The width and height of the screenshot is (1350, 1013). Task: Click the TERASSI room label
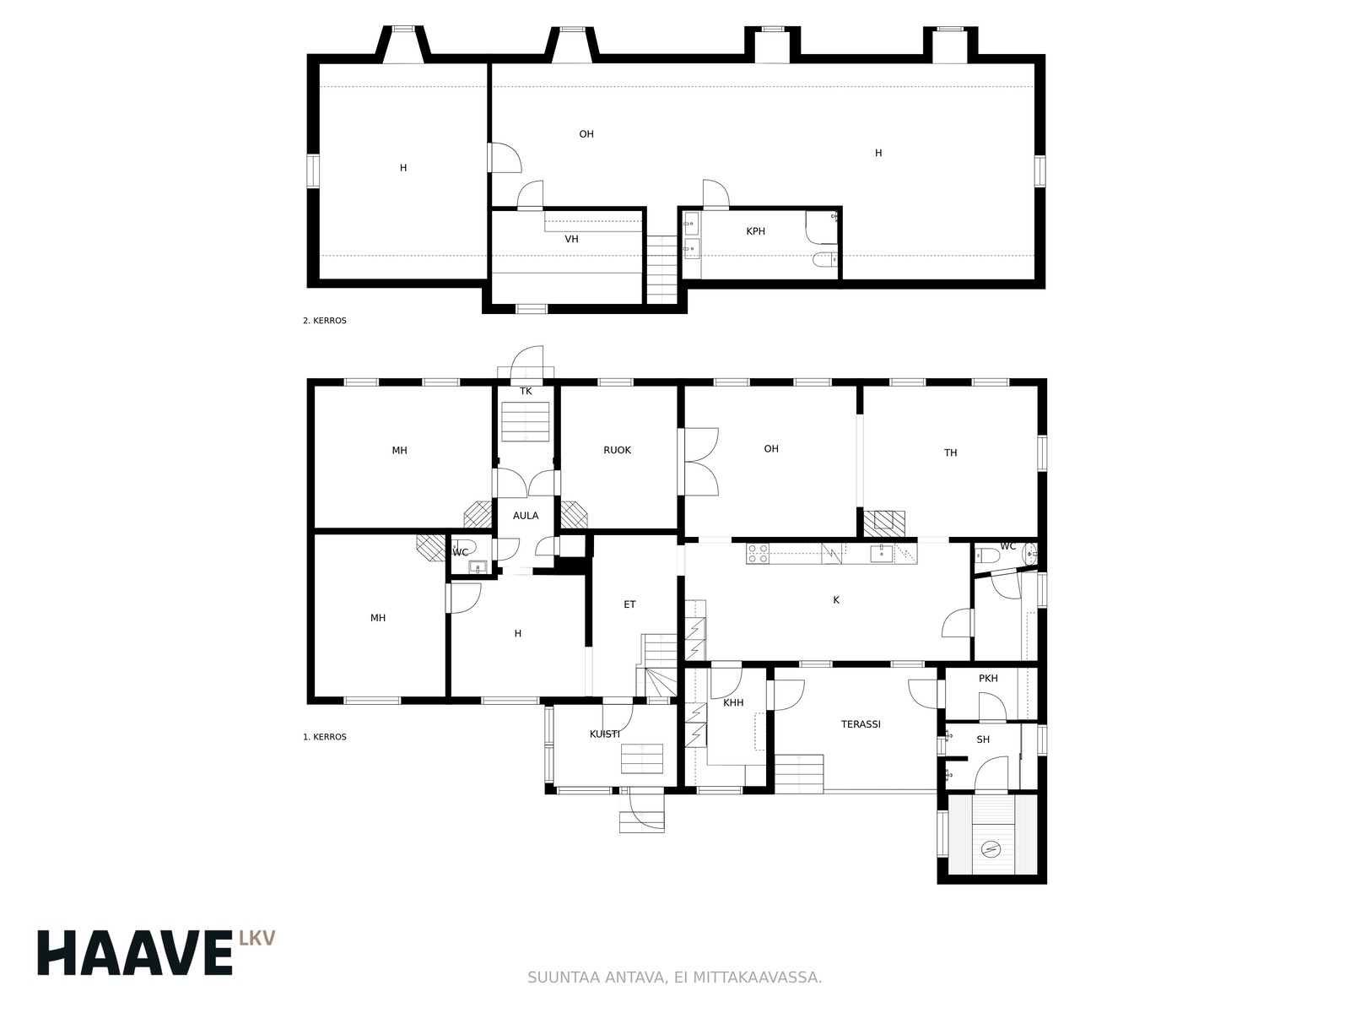861,724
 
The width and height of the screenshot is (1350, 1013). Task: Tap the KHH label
733,703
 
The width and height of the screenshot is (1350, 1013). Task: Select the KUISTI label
605,734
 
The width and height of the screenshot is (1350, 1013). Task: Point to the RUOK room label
617,450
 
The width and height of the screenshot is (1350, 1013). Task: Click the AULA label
526,516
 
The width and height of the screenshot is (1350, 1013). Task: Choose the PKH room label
988,679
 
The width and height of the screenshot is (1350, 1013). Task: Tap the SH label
983,740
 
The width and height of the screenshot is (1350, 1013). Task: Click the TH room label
950,453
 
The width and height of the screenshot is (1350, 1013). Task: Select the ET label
629,604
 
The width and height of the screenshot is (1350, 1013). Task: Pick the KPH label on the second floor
755,231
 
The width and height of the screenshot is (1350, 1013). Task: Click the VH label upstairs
571,239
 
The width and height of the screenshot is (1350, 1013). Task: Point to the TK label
526,391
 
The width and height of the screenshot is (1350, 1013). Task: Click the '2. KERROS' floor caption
325,321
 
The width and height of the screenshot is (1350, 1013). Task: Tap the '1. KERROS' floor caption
325,737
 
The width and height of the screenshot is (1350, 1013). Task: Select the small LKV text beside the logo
256,938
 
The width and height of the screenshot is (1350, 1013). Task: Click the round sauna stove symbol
991,850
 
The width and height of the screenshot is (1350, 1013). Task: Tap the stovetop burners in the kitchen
758,554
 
